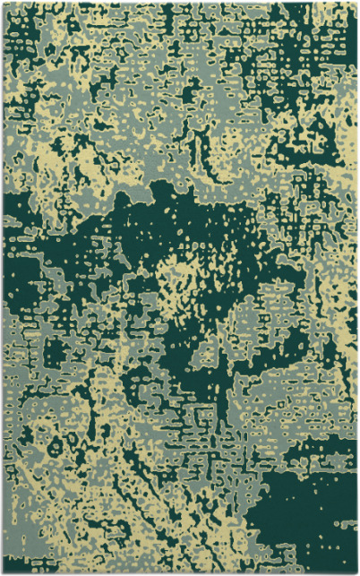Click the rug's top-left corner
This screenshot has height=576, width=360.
tap(3, 3)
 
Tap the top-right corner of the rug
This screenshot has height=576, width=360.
tap(357, 3)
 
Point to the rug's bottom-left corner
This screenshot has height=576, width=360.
tap(3, 573)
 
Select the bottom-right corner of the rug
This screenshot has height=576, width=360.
tap(357, 573)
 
